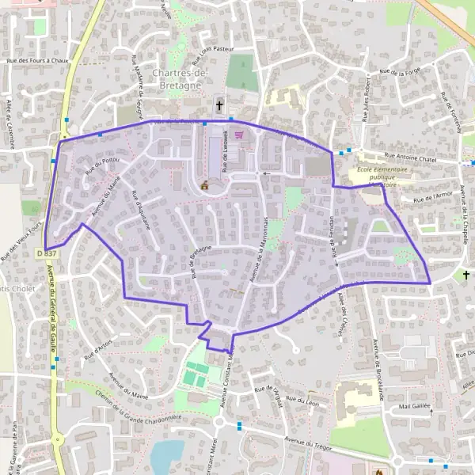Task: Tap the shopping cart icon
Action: pos(238,135)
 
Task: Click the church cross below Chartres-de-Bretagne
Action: pos(219,105)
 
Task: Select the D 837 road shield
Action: pos(47,253)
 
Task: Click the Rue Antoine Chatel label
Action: pos(410,157)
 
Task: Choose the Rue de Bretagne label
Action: pos(203,262)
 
